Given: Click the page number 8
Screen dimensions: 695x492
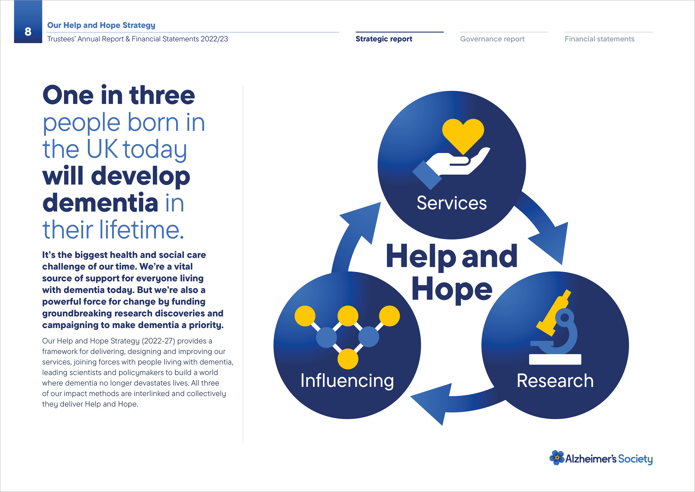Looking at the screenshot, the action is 28,32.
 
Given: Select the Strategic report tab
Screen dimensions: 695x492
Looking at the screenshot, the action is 384,39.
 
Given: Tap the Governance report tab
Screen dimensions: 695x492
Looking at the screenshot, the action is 492,39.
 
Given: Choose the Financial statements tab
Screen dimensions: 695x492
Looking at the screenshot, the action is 599,39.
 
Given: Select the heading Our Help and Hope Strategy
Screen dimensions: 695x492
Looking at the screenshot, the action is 101,25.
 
